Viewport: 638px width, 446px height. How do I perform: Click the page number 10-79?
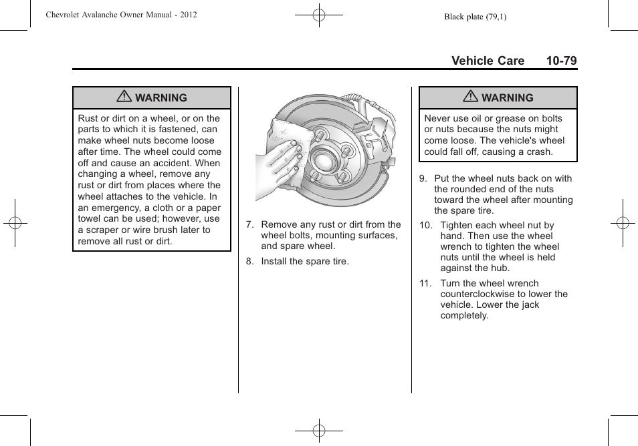560,61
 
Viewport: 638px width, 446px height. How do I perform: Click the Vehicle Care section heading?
488,61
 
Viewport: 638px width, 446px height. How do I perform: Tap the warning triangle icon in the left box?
124,97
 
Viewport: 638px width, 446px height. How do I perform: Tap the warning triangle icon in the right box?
470,97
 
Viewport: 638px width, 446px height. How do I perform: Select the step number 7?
249,225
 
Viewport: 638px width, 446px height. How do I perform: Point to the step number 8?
249,261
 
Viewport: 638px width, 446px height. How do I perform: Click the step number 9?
423,178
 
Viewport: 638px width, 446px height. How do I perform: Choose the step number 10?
425,226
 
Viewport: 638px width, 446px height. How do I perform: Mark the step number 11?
425,283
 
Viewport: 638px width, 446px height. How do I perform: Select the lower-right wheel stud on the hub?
341,178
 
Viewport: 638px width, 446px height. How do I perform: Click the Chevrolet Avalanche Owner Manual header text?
121,15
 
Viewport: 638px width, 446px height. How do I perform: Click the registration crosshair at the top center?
319,15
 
